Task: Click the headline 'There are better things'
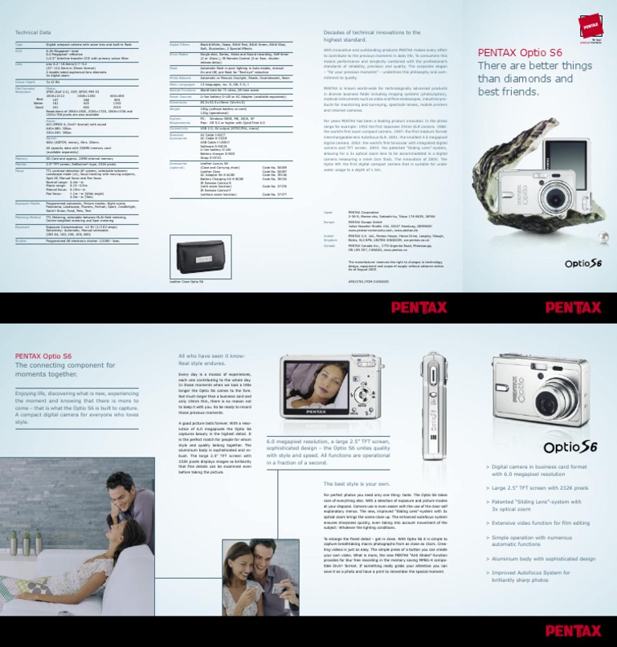point(535,66)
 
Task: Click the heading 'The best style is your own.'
point(356,484)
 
